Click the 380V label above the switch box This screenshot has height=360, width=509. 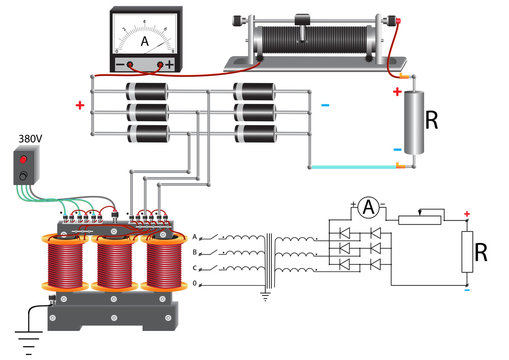point(30,138)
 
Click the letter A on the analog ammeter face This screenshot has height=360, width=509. point(145,42)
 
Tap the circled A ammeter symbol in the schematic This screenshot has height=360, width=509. point(368,208)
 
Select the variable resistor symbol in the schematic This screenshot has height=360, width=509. point(419,219)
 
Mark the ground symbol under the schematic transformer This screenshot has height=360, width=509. point(264,295)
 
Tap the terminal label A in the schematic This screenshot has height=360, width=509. point(196,237)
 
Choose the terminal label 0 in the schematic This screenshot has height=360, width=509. point(196,284)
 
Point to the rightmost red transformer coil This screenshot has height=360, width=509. point(166,268)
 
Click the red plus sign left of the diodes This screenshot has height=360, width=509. point(79,104)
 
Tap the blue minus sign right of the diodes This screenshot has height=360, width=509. point(323,104)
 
